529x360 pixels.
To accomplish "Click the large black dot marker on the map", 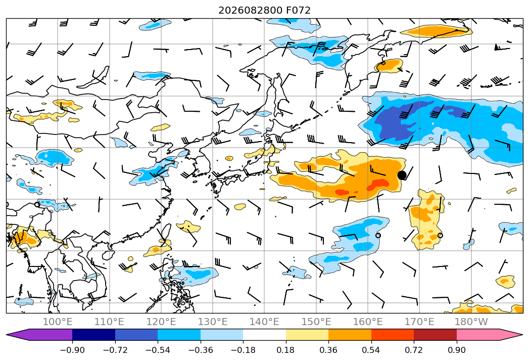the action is click(402, 175).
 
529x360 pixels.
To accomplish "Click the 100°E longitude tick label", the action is click(58, 322).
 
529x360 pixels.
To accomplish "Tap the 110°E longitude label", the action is click(109, 322).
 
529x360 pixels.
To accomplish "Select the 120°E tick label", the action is click(161, 322).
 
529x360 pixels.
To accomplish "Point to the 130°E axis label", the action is click(213, 322).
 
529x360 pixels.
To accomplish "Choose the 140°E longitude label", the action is click(264, 322).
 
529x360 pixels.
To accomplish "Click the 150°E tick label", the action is click(316, 322).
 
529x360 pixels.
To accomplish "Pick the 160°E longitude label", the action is click(368, 322).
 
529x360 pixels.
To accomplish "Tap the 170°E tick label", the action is click(419, 322).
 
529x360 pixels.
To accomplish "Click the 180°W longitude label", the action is click(471, 322).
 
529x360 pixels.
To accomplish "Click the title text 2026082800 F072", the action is click(265, 10).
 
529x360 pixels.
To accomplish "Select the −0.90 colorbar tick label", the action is click(72, 350).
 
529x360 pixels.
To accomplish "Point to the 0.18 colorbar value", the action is click(286, 350).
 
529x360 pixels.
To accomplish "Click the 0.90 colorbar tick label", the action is click(456, 350).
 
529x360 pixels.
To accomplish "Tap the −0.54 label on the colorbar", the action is click(158, 350).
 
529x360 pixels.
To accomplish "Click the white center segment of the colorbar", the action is click(265, 335).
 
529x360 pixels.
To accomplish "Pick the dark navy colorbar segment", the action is click(94, 335).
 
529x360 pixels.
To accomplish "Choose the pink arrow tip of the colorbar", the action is click(509, 335).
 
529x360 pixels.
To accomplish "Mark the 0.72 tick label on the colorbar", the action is click(414, 350).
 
